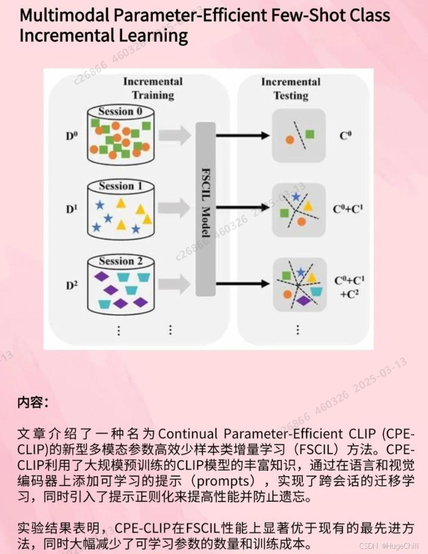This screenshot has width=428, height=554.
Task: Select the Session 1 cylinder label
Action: tap(120, 186)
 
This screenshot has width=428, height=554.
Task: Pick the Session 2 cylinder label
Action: tap(120, 261)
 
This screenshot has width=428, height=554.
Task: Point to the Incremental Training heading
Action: tap(152, 88)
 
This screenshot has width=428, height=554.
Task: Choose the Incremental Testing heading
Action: tap(291, 88)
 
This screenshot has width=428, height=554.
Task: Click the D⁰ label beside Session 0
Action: tap(72, 137)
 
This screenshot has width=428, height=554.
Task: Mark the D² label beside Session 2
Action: tap(72, 285)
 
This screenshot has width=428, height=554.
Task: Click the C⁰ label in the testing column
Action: tap(346, 136)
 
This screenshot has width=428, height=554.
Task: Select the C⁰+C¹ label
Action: tap(348, 209)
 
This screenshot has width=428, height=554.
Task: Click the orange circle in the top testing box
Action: tap(289, 140)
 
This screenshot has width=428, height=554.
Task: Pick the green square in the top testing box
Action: tap(310, 134)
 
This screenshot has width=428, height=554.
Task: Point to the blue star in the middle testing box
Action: tap(296, 197)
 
